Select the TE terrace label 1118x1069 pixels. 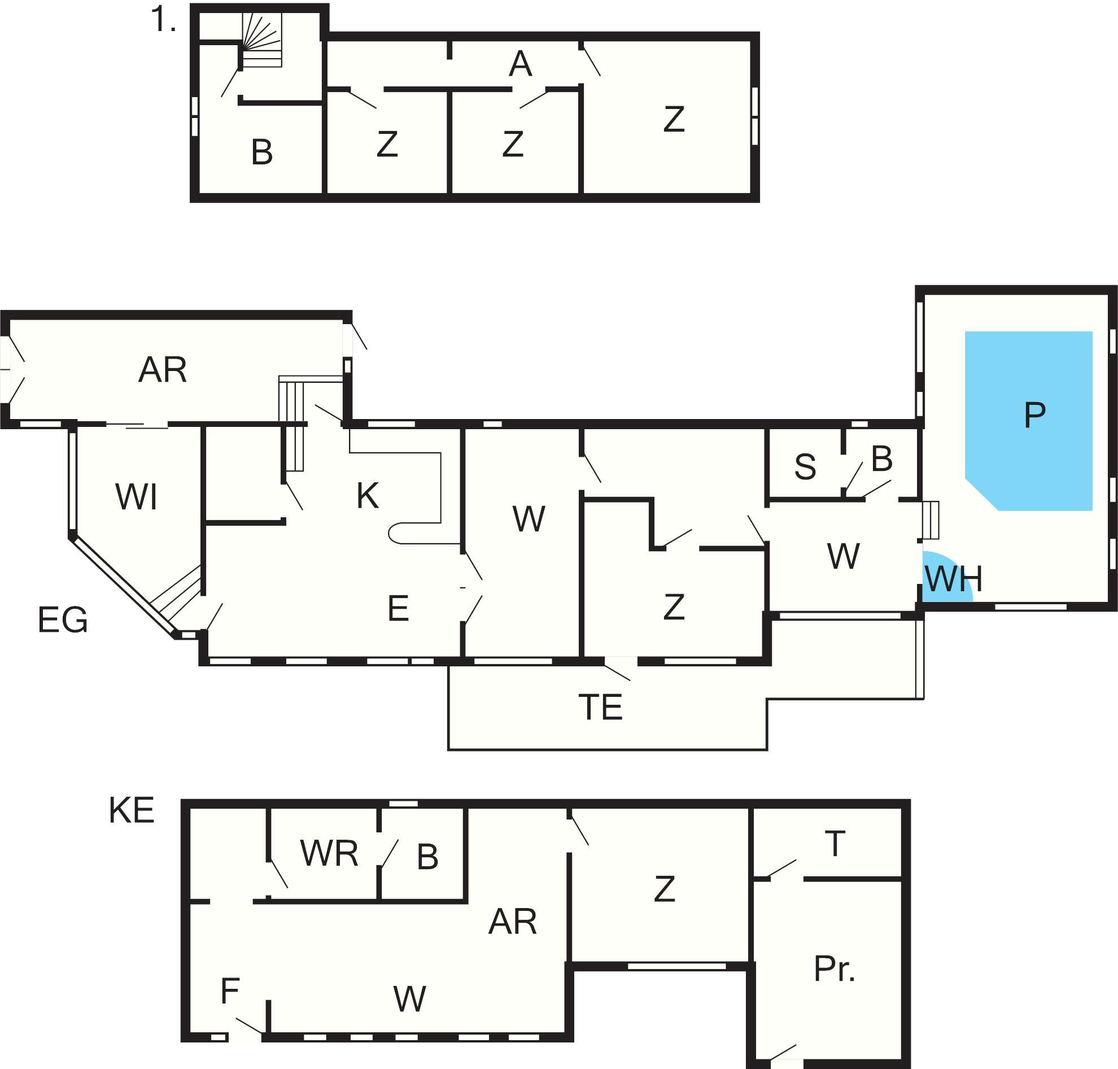pos(601,707)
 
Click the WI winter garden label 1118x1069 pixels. pos(136,496)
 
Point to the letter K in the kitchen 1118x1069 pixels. pos(368,495)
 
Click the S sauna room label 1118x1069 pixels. pos(805,466)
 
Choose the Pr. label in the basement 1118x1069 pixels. pos(834,968)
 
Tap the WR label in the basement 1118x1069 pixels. pos(329,853)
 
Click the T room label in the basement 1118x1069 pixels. pos(835,843)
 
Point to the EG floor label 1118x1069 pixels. pos(63,620)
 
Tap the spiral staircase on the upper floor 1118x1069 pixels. pos(261,40)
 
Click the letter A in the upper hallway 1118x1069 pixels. pos(519,64)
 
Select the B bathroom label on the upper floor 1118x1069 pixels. pos(261,152)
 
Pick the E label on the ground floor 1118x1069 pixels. pos(398,608)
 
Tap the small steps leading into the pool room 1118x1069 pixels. pos(931,520)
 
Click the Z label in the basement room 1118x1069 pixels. pos(665,889)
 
